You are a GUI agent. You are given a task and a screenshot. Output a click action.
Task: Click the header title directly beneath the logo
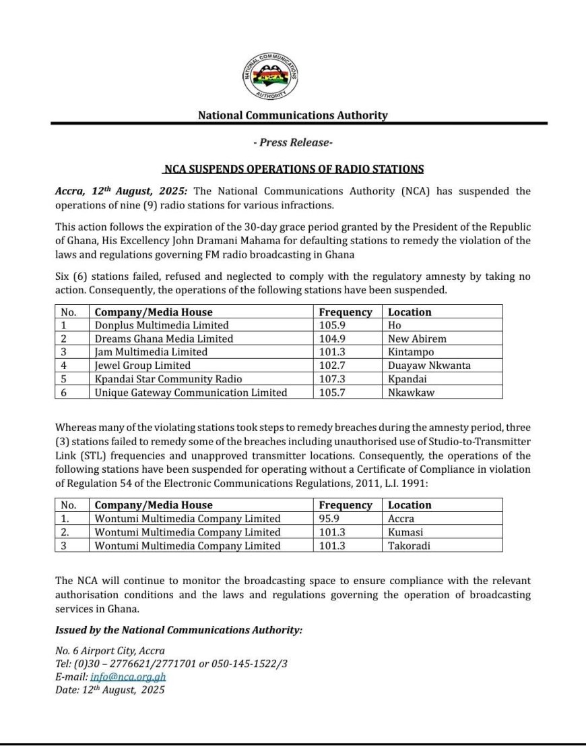[x=292, y=115]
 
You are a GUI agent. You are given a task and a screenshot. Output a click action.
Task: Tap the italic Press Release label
[x=292, y=142]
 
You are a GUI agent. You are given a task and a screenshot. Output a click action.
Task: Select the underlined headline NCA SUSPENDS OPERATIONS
[x=294, y=169]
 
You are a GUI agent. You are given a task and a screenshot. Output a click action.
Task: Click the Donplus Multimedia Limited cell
[x=162, y=325]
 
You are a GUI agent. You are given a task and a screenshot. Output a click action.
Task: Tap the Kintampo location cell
[x=410, y=352]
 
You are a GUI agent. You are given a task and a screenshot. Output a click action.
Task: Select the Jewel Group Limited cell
[x=143, y=366]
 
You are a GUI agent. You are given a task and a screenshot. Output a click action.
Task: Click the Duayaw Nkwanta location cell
[x=429, y=366]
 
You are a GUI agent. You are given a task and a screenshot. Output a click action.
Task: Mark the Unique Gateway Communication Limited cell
[x=191, y=393]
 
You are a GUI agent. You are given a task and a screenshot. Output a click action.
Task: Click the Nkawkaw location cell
[x=410, y=393]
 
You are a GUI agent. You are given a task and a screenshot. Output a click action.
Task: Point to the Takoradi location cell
[x=409, y=546]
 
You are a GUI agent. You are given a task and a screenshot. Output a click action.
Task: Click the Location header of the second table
[x=410, y=505]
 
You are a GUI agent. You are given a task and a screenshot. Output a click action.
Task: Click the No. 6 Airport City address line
[x=110, y=651]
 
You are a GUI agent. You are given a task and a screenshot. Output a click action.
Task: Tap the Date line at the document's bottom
[x=110, y=690]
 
